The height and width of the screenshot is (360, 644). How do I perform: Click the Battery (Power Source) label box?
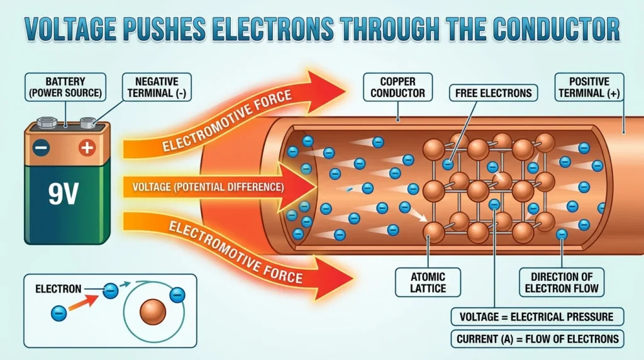(x=65, y=87)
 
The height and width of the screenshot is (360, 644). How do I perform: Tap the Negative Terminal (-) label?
(x=157, y=87)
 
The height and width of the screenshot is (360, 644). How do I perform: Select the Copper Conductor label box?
(x=397, y=87)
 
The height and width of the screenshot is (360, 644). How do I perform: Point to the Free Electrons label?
(x=493, y=93)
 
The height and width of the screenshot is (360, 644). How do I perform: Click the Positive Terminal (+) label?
(x=589, y=87)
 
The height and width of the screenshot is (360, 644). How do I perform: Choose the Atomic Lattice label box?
(x=428, y=283)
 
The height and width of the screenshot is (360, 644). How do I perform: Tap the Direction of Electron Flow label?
(x=562, y=283)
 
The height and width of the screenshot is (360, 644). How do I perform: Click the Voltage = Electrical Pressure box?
(x=537, y=317)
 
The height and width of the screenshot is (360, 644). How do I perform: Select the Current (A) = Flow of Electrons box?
(x=537, y=339)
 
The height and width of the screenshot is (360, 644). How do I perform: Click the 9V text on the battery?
(x=64, y=194)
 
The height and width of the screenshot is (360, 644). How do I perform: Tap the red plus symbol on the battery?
(x=87, y=147)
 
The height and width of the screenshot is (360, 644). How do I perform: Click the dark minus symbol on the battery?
(x=41, y=147)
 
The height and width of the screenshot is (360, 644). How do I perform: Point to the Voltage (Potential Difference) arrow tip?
(x=317, y=187)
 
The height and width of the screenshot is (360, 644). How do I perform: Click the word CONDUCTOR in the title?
(x=556, y=29)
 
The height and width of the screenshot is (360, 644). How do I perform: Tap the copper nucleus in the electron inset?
(x=153, y=312)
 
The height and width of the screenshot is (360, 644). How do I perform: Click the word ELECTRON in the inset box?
(x=58, y=289)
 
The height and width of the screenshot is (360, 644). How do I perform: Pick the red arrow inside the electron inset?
(x=84, y=302)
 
